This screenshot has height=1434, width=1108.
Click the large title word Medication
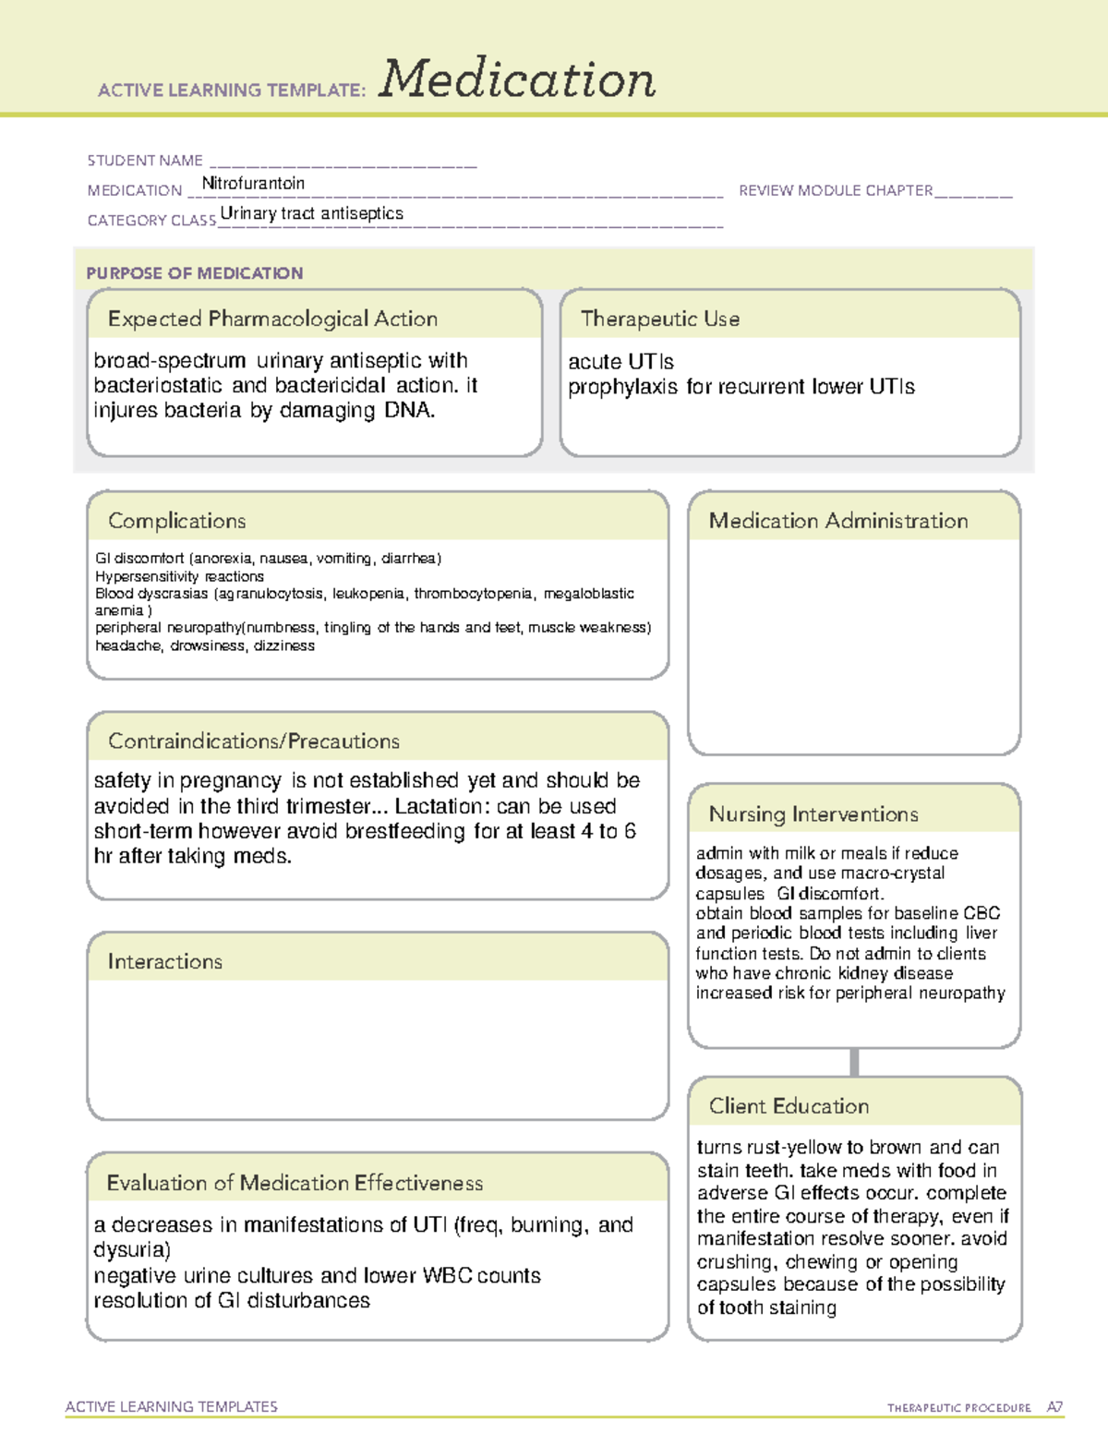click(517, 79)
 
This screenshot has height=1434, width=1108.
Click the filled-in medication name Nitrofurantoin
click(253, 184)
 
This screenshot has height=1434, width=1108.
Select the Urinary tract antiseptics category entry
click(312, 213)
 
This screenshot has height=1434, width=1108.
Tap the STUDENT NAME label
click(145, 161)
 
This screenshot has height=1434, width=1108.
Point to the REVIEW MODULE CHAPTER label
click(836, 190)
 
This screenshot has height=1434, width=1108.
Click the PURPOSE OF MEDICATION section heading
click(195, 273)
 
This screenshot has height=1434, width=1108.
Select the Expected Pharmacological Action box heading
click(272, 319)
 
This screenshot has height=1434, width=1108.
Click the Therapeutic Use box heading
click(660, 319)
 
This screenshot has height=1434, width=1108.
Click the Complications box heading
click(177, 521)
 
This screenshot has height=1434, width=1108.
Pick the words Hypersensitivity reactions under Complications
click(179, 576)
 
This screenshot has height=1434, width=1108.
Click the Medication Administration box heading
click(838, 521)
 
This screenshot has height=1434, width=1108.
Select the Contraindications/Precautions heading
click(254, 741)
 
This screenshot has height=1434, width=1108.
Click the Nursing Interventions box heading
click(813, 813)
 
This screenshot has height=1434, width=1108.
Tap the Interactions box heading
click(165, 961)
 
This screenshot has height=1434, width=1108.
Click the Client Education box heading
click(789, 1105)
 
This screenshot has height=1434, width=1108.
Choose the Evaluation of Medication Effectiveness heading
click(295, 1183)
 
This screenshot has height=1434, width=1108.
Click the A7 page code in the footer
click(1054, 1407)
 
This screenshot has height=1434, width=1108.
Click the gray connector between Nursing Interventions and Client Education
click(854, 1062)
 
